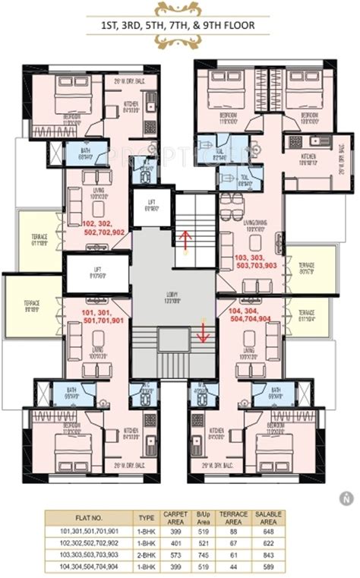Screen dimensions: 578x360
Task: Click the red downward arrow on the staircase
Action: point(204,332)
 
